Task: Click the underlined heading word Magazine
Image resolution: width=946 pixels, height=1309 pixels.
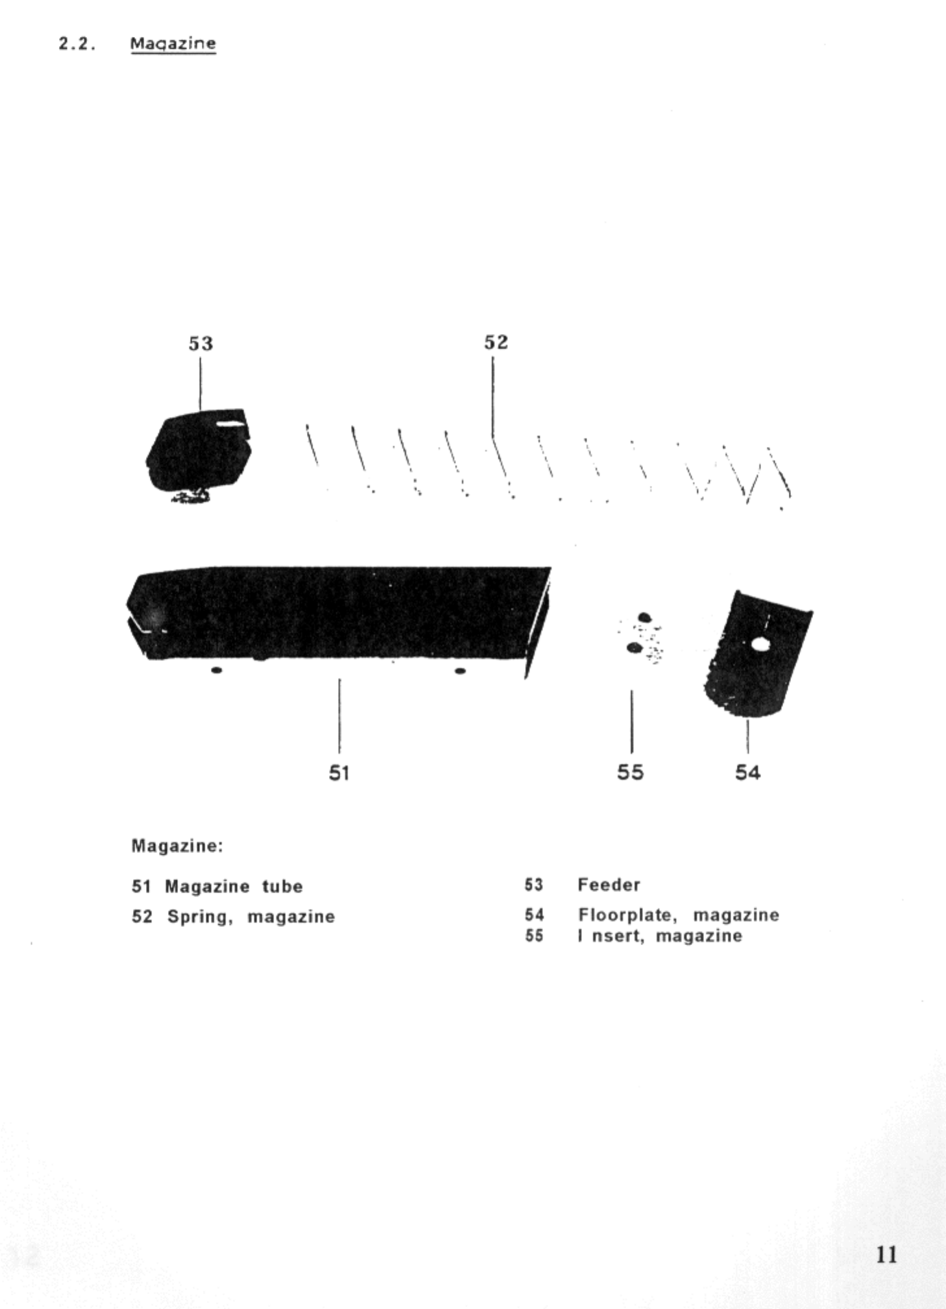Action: pos(173,43)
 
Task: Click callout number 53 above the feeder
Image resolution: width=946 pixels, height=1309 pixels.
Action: pos(200,343)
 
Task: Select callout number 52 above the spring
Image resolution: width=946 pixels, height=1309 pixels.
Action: pos(496,342)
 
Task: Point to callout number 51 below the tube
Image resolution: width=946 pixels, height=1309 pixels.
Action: pos(339,773)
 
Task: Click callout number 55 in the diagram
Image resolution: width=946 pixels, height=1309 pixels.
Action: pos(630,772)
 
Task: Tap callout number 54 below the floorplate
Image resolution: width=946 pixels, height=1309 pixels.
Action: pos(747,772)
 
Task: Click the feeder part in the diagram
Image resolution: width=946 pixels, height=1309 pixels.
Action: pos(199,451)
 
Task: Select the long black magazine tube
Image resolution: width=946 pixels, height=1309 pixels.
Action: pos(337,613)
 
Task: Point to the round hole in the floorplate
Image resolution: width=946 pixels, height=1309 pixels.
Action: pos(758,645)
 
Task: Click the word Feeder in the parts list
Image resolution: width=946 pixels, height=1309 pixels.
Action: pos(609,885)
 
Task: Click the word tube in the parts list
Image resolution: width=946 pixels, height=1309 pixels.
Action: pos(282,887)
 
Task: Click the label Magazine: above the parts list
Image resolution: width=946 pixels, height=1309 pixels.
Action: pos(177,846)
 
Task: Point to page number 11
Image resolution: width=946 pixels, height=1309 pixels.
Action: pos(886,1254)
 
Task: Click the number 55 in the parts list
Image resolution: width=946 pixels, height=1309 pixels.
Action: pos(534,936)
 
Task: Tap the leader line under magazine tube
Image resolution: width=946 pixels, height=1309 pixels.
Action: pos(339,717)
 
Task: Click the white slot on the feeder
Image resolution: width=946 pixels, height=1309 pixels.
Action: pos(232,425)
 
